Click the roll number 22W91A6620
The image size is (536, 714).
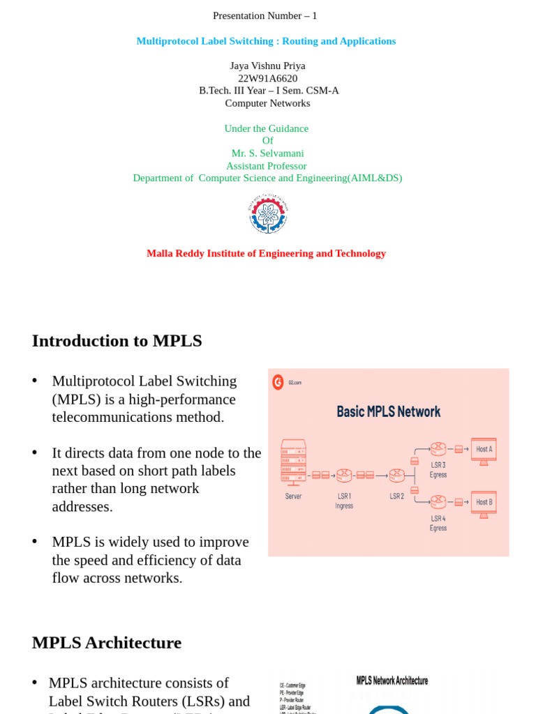point(267,78)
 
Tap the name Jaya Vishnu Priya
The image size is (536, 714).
point(267,66)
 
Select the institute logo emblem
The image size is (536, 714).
point(268,214)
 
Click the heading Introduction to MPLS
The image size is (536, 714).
point(117,341)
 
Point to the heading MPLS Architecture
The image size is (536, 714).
point(107,643)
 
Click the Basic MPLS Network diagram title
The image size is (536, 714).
point(388,411)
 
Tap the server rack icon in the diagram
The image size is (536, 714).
point(293,462)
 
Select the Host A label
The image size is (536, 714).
point(484,449)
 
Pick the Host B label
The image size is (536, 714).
point(484,502)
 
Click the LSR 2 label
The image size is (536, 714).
point(396,496)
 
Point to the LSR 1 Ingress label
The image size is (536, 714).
point(344,501)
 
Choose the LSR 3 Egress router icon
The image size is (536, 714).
point(438,448)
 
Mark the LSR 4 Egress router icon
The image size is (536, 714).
point(438,501)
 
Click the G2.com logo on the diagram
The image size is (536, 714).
point(278,382)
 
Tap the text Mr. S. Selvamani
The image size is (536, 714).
point(267,153)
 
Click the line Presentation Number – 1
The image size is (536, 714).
point(265,16)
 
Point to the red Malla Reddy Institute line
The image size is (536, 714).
point(266,254)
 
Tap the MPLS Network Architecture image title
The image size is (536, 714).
point(392,681)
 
